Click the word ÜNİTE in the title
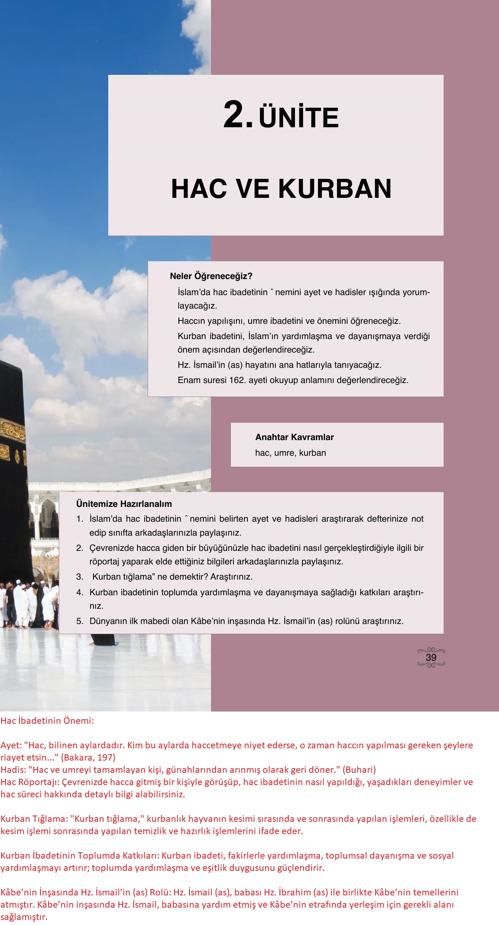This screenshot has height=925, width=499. [x=299, y=118]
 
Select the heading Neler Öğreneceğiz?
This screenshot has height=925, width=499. [x=211, y=276]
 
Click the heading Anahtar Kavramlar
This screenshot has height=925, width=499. [x=294, y=437]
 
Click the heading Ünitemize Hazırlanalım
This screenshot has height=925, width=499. [x=124, y=504]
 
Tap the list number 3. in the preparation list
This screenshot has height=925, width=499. [x=80, y=577]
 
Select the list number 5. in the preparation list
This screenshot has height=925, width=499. [x=80, y=621]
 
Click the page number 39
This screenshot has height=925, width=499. [x=431, y=657]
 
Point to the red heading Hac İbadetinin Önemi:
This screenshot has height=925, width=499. [x=47, y=721]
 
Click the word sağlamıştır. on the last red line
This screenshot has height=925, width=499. [x=24, y=917]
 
